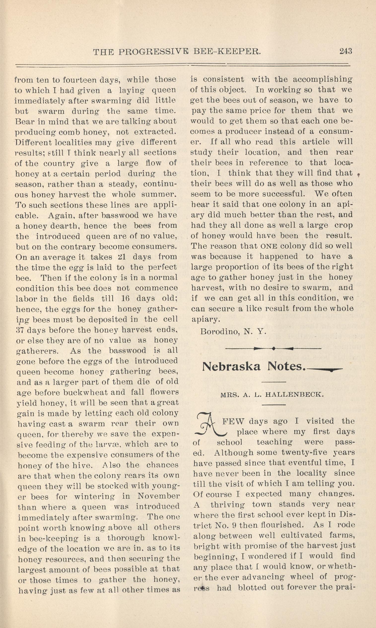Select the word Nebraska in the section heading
231,367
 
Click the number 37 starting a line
20,330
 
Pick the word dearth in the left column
65,226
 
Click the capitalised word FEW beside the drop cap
233,421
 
